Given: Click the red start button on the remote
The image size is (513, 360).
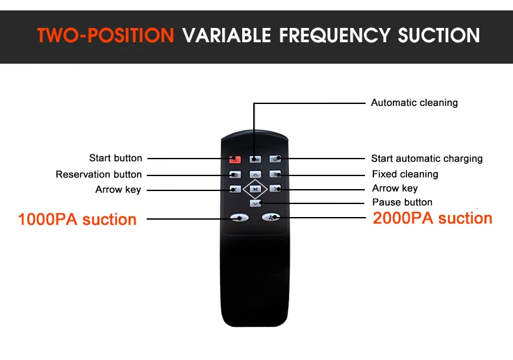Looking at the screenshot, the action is (235, 159).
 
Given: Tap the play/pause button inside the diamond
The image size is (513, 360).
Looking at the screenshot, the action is (255, 189).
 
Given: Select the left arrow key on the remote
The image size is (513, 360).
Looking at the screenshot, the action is (235, 189).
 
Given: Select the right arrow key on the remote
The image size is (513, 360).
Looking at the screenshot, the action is (275, 188).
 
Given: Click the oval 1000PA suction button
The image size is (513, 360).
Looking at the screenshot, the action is (240, 218).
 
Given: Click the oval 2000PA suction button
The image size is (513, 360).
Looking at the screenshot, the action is (271, 216).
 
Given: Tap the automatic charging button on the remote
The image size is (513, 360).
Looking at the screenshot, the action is (275, 159).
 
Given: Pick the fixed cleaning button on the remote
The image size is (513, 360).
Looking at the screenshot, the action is (275, 174).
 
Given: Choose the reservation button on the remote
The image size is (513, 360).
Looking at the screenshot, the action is (235, 174).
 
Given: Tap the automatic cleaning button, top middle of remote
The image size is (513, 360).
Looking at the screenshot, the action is (255, 159).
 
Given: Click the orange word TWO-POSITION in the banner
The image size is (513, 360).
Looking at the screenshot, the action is (105, 35).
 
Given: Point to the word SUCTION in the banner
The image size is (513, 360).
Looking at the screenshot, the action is (439, 35).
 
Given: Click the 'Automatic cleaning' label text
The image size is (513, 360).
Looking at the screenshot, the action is (414, 103).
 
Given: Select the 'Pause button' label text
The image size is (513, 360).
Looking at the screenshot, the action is (402, 202).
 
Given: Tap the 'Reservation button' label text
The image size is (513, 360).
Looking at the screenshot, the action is (99, 174).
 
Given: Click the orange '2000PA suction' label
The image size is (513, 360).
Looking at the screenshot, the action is (432, 218).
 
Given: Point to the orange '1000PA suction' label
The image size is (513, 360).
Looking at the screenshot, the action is (77, 219).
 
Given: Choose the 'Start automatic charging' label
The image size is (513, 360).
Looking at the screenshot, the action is (427, 159).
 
